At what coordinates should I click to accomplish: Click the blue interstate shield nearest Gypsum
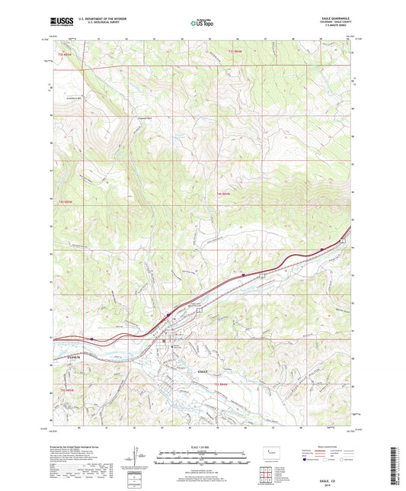pos(91,339)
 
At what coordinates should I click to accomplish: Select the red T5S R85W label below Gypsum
pos(67,391)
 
